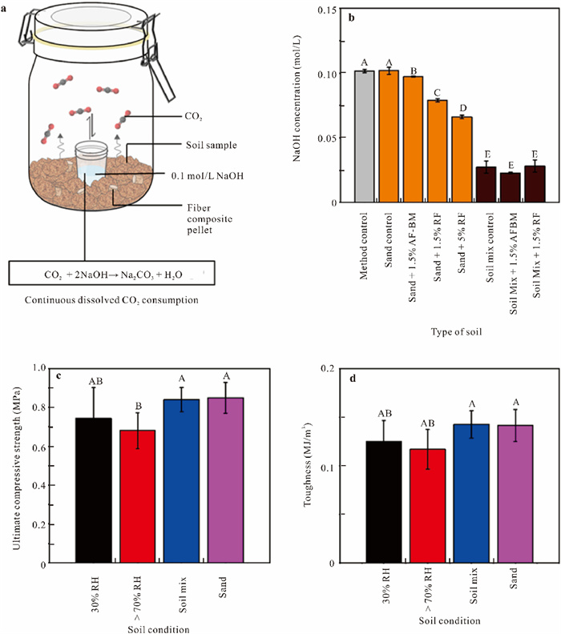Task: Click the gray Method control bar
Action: click(x=364, y=136)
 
